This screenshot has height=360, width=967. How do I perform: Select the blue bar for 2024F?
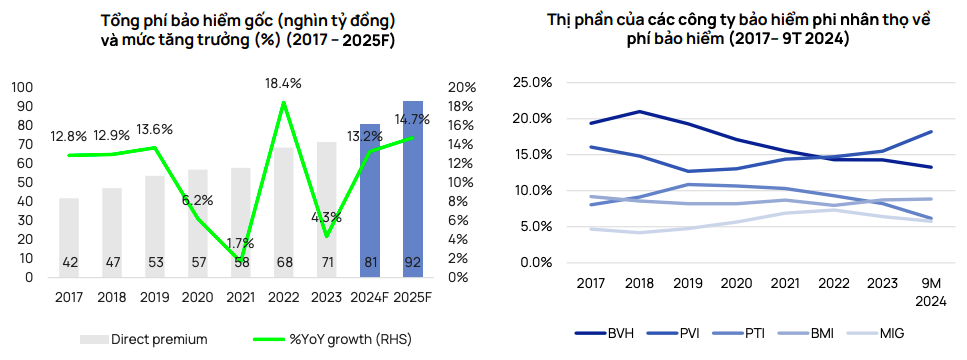[x=370, y=200]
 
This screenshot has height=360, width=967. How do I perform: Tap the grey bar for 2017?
[x=69, y=235]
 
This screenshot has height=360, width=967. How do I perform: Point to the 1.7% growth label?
[x=241, y=242]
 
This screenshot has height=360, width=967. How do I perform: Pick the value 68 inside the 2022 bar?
[x=284, y=263]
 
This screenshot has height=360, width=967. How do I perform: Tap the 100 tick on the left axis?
[x=21, y=88]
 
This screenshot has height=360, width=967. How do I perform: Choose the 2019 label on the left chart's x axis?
[x=155, y=296]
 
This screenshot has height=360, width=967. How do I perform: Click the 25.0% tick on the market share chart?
[x=532, y=82]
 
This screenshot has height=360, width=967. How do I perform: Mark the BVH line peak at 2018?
[x=638, y=111]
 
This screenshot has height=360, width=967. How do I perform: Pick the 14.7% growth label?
[x=412, y=119]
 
